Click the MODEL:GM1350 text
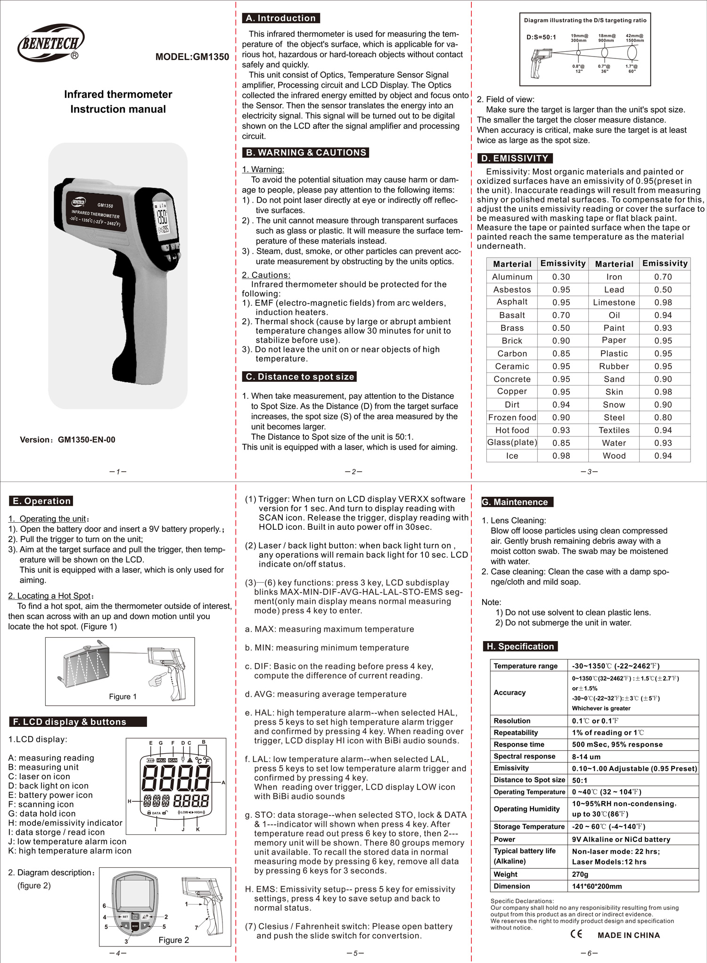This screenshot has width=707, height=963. click(x=192, y=57)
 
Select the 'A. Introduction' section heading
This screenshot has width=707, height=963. click(x=281, y=18)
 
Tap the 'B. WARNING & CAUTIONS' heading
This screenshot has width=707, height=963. click(x=305, y=153)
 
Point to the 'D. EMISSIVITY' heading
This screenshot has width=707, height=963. click(x=514, y=158)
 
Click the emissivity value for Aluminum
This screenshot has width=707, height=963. click(x=561, y=277)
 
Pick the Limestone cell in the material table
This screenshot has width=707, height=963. click(x=614, y=303)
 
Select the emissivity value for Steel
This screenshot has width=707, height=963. click(x=663, y=418)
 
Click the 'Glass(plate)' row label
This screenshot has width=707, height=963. click(x=512, y=443)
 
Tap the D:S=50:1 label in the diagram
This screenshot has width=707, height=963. click(x=541, y=37)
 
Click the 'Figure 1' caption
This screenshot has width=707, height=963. click(x=123, y=697)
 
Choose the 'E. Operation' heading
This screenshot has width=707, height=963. click(x=41, y=501)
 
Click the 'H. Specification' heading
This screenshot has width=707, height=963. click(x=520, y=647)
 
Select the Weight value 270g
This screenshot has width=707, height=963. click(x=580, y=874)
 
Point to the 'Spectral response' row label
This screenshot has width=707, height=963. click(x=524, y=757)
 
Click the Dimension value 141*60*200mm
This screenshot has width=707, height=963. click(x=597, y=887)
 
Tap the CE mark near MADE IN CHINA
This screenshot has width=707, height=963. click(x=576, y=934)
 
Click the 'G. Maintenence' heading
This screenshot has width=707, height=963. click(x=517, y=502)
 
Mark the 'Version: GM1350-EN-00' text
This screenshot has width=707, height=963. click(x=67, y=440)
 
